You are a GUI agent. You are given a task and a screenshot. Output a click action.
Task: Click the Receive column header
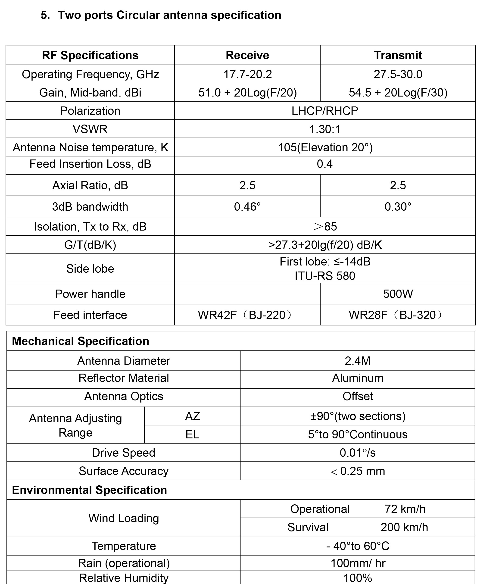247,55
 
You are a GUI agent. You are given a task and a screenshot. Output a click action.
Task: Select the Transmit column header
398,55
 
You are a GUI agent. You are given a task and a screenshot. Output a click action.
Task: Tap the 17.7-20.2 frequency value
247,74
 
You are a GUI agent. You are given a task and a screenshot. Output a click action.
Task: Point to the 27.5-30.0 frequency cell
398,74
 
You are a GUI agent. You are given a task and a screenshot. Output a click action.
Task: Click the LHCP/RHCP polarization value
325,111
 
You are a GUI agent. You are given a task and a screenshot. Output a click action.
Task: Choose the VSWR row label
90,129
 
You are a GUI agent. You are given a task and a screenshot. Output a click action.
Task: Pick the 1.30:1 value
325,129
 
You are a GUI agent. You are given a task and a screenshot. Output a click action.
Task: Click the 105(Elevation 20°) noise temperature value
325,148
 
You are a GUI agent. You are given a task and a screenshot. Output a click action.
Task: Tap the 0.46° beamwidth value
247,207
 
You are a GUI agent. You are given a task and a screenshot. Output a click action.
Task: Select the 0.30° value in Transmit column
398,207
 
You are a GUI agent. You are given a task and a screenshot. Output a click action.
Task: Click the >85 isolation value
325,226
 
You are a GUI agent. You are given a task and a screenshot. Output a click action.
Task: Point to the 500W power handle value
398,294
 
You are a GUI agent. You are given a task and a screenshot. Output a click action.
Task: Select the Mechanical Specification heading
81,341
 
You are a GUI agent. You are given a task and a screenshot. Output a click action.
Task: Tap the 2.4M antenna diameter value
358,361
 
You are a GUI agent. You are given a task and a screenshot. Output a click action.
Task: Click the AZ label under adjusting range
192,416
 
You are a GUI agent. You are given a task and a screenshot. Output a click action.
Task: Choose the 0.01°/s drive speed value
358,453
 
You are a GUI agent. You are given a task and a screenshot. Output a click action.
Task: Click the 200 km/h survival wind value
404,527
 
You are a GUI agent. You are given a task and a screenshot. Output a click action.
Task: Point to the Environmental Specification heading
90,490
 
